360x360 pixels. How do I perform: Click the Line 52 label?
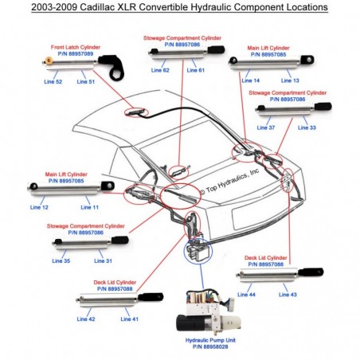(x=54, y=82)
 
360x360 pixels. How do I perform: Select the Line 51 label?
(x=87, y=82)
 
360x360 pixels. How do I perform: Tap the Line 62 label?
(x=161, y=71)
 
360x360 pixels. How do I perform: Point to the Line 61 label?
(x=196, y=71)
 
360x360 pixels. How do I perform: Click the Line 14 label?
(x=250, y=81)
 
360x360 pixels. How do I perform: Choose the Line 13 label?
(x=290, y=81)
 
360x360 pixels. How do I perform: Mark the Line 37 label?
(x=266, y=127)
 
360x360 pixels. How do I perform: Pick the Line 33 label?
(x=307, y=127)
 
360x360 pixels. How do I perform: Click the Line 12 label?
(x=39, y=207)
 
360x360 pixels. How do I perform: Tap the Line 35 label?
(x=61, y=260)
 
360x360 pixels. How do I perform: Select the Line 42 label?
(x=86, y=319)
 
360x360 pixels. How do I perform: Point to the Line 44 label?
(x=247, y=295)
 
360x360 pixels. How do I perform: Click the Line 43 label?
(x=288, y=295)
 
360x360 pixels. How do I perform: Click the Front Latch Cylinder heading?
(x=76, y=47)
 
